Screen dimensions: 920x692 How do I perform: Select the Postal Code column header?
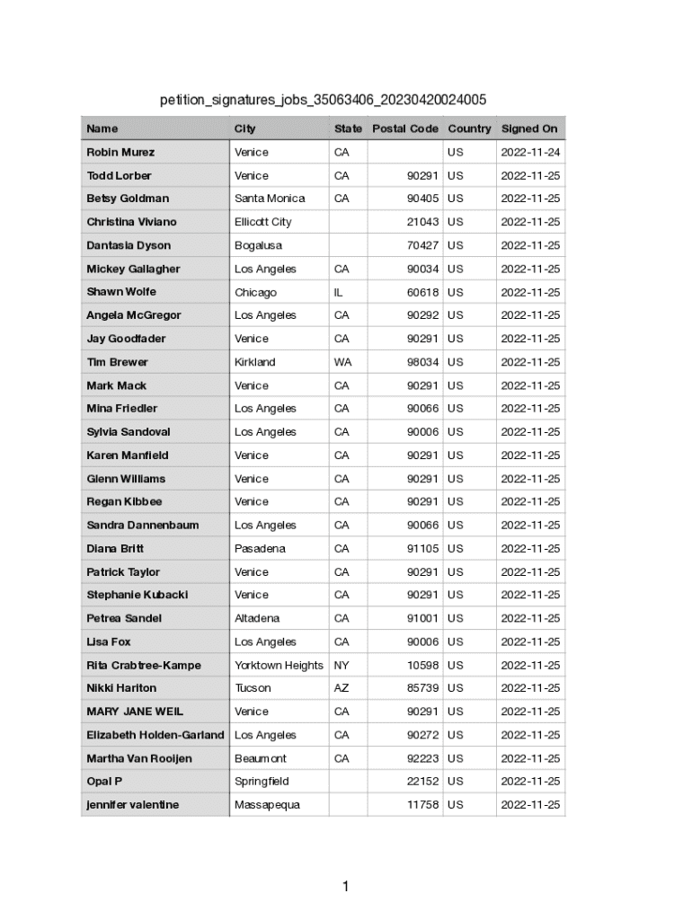(405, 128)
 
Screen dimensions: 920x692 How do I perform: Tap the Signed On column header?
(529, 128)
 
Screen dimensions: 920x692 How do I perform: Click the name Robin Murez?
(120, 152)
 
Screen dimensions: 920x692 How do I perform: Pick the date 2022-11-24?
(530, 152)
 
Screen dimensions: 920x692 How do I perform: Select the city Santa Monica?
(270, 199)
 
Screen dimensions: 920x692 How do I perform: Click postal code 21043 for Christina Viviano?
(422, 222)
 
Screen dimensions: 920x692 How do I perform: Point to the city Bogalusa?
(258, 245)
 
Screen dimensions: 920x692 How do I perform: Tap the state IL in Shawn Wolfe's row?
(340, 292)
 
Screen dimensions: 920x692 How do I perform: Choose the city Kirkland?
(255, 362)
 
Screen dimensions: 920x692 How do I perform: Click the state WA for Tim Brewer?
(342, 362)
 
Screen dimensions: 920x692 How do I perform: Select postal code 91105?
(422, 548)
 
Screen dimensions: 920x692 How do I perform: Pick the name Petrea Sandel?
(124, 618)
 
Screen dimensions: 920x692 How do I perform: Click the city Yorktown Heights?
(279, 665)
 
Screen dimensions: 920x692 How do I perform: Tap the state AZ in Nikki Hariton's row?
(342, 688)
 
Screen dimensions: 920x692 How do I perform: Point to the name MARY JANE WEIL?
(135, 712)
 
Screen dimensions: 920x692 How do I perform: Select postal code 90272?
(422, 735)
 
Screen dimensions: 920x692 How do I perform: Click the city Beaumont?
(261, 758)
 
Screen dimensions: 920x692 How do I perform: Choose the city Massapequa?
(268, 805)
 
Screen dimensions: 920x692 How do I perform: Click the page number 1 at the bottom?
(345, 888)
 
